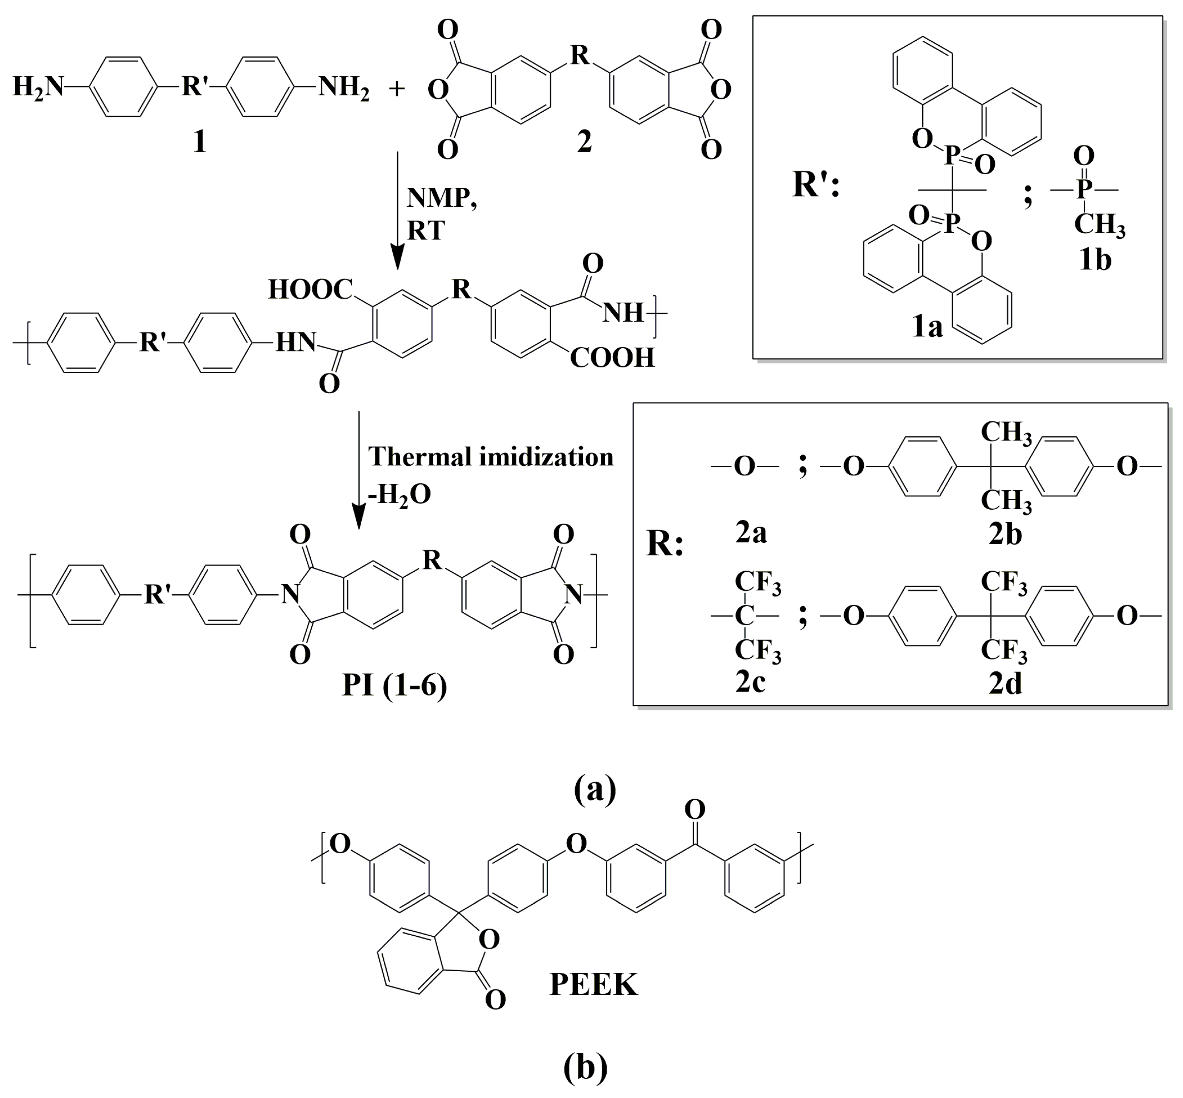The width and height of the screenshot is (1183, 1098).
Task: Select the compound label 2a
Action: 751,533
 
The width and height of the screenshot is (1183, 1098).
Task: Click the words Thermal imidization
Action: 490,456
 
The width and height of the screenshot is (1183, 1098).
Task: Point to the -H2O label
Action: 400,494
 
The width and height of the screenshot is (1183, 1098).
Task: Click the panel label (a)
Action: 595,789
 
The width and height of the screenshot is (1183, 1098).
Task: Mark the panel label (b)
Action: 586,1067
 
